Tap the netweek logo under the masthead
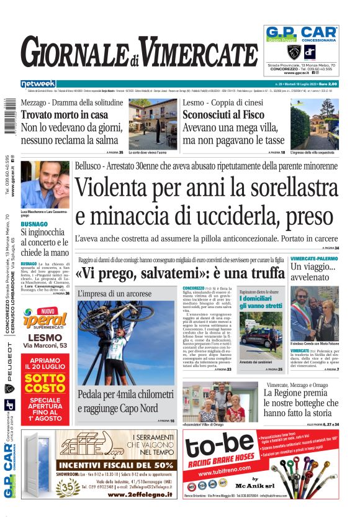pyautogui.click(x=38, y=84)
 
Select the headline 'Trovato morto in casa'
pyautogui.click(x=65, y=115)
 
